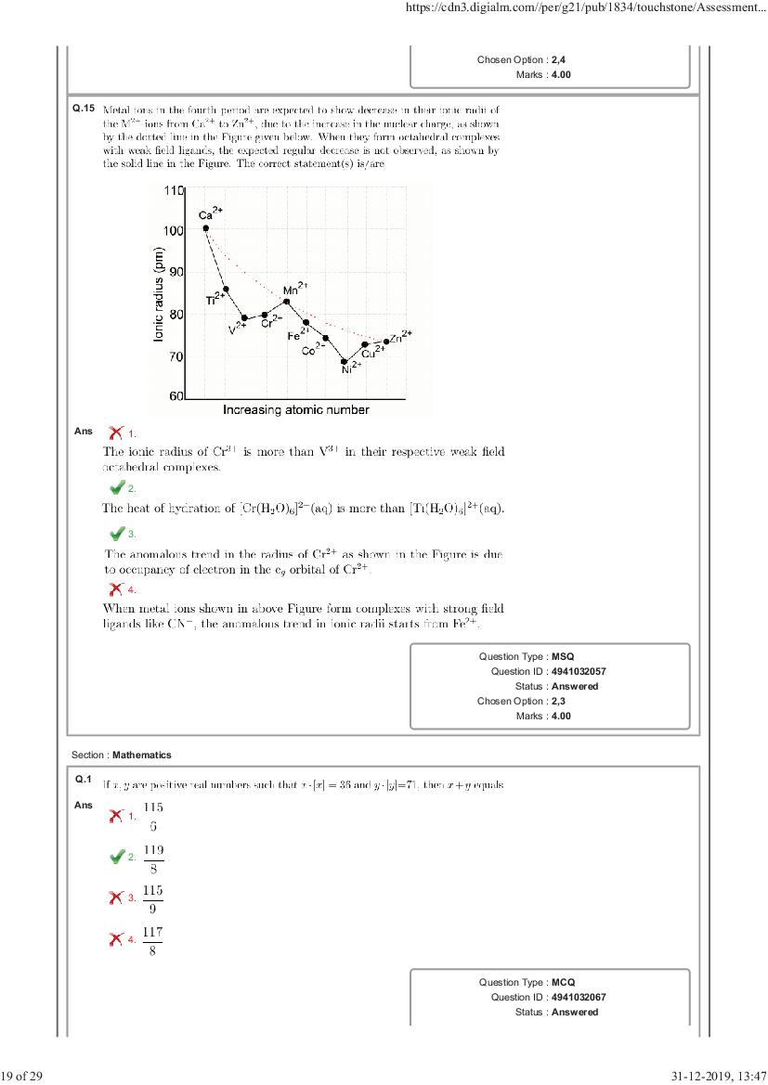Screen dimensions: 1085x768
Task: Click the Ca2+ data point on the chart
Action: [205, 228]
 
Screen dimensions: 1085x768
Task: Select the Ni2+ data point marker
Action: [345, 361]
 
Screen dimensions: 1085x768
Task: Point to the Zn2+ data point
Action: [386, 342]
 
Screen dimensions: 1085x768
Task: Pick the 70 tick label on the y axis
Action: [174, 356]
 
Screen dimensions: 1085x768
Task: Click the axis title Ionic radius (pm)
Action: [160, 295]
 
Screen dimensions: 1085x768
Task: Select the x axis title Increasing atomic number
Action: [296, 409]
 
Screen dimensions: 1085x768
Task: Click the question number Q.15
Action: [84, 109]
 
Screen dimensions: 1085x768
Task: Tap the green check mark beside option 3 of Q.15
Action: [117, 534]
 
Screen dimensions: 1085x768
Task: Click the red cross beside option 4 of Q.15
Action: [116, 588]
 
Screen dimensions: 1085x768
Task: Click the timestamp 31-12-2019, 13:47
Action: [716, 1076]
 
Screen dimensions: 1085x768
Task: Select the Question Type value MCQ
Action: [564, 982]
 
